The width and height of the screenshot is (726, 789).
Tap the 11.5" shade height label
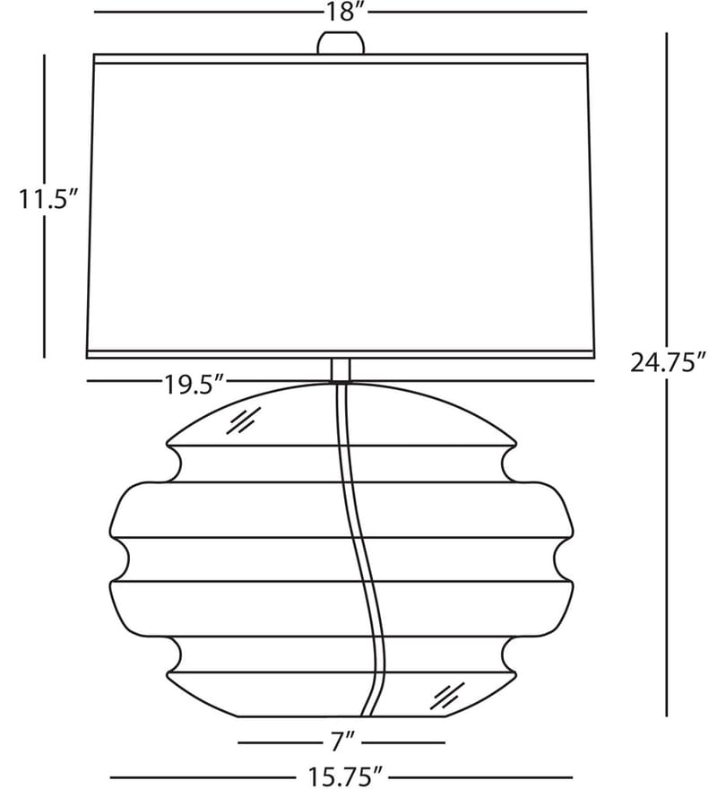tap(48, 199)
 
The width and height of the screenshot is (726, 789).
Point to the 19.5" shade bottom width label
tap(194, 385)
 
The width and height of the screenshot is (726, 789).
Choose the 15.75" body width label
tap(345, 776)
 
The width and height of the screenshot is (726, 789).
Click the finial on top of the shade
tap(341, 43)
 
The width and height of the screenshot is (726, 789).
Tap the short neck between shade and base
tap(341, 370)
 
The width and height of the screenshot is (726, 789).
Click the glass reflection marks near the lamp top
tap(243, 421)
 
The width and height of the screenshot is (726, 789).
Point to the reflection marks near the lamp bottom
tap(448, 696)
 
